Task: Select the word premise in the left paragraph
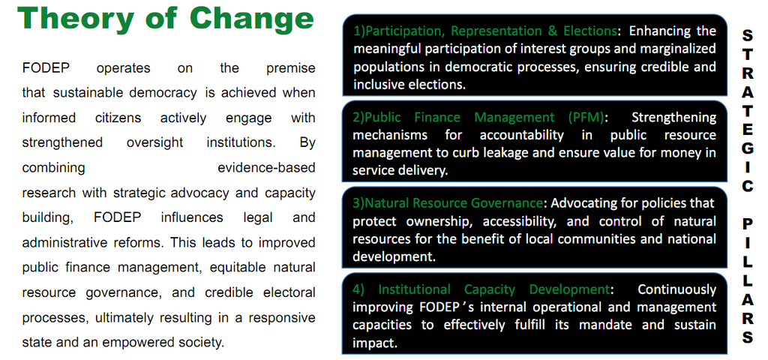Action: pyautogui.click(x=291, y=68)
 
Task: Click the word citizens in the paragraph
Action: pyautogui.click(x=118, y=118)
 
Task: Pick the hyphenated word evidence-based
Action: pyautogui.click(x=266, y=168)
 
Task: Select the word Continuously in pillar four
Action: pyautogui.click(x=677, y=289)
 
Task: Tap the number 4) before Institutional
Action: pyautogui.click(x=358, y=289)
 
